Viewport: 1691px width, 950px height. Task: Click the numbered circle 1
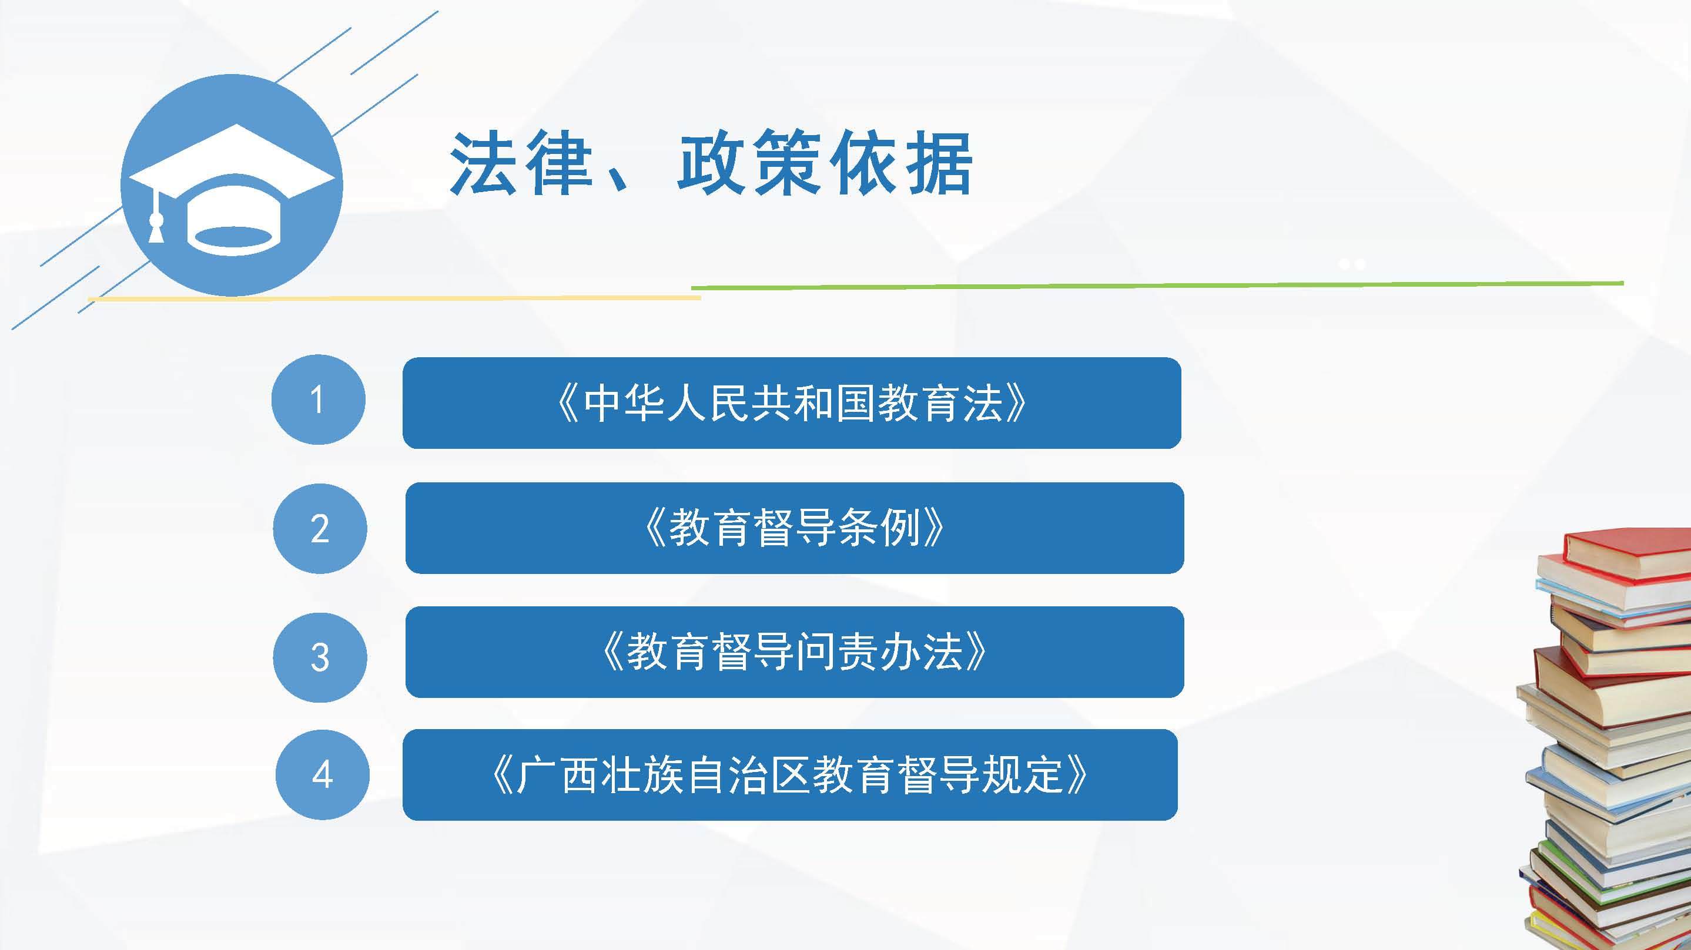point(319,400)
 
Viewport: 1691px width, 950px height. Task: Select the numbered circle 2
point(320,529)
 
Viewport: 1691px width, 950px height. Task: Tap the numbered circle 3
point(320,657)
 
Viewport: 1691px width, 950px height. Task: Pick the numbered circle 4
point(322,775)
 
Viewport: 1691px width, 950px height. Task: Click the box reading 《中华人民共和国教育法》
point(792,403)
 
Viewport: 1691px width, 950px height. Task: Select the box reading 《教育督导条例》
point(794,528)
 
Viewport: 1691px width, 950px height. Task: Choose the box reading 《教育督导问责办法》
point(794,652)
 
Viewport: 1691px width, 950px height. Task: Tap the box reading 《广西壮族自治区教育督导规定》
point(790,775)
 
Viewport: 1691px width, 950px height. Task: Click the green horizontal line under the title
point(1157,286)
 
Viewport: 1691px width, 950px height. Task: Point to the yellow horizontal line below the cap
point(394,298)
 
